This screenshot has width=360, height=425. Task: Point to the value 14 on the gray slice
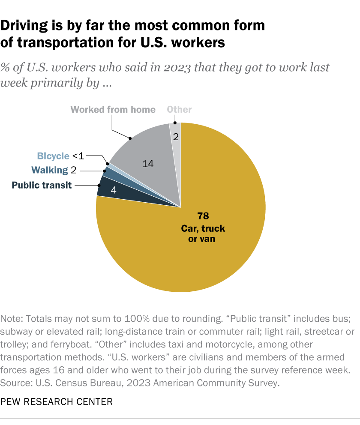148,163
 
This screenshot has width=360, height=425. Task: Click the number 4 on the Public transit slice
114,190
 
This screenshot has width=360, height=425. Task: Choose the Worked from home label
113,109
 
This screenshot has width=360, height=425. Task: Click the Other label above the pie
180,109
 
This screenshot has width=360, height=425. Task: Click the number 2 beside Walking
73,170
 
